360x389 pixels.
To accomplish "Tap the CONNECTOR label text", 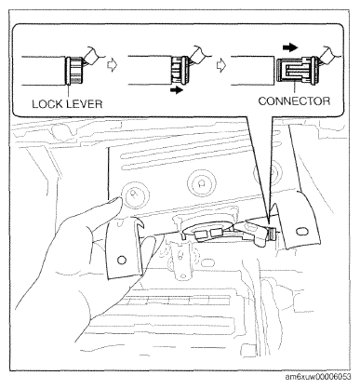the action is click(294, 101).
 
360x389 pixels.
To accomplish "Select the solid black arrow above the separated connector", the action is click(290, 47).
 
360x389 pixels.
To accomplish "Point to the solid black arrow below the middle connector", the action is click(176, 90).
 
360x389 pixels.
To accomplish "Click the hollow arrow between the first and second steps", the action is click(112, 65).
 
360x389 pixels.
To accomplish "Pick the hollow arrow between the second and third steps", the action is click(220, 65).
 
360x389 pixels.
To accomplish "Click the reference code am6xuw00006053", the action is click(318, 377).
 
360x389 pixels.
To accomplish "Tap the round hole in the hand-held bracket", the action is click(122, 260).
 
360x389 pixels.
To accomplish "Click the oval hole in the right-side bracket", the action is click(300, 232).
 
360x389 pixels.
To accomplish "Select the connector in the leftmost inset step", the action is click(74, 71).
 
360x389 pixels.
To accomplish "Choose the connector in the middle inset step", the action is click(179, 71).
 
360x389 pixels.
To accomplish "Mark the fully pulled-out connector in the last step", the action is click(296, 71).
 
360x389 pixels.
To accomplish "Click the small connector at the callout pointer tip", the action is click(272, 234).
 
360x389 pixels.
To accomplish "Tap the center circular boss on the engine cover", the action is click(201, 182).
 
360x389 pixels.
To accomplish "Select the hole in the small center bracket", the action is click(180, 256).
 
